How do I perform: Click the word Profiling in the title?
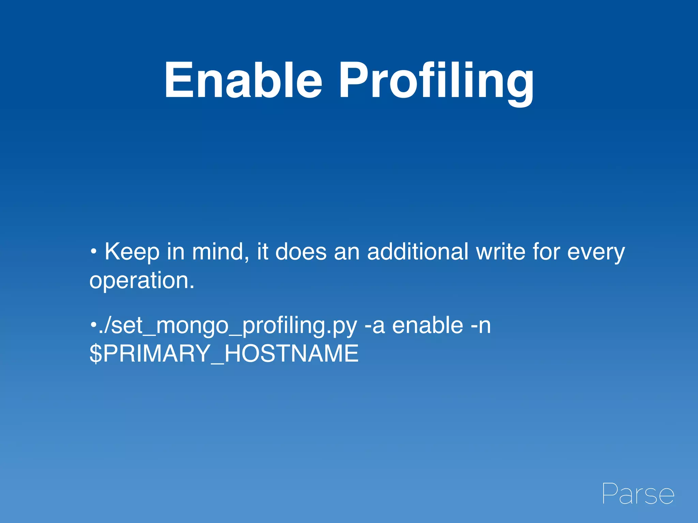point(436,82)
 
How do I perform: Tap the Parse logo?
point(638,494)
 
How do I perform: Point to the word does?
point(301,252)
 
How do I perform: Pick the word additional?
point(418,252)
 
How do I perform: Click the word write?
point(500,252)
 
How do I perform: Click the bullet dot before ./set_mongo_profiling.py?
point(93,324)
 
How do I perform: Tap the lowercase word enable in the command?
point(427,326)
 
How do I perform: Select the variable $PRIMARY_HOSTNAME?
point(224,354)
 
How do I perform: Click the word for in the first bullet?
point(546,252)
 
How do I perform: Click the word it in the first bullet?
point(262,252)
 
